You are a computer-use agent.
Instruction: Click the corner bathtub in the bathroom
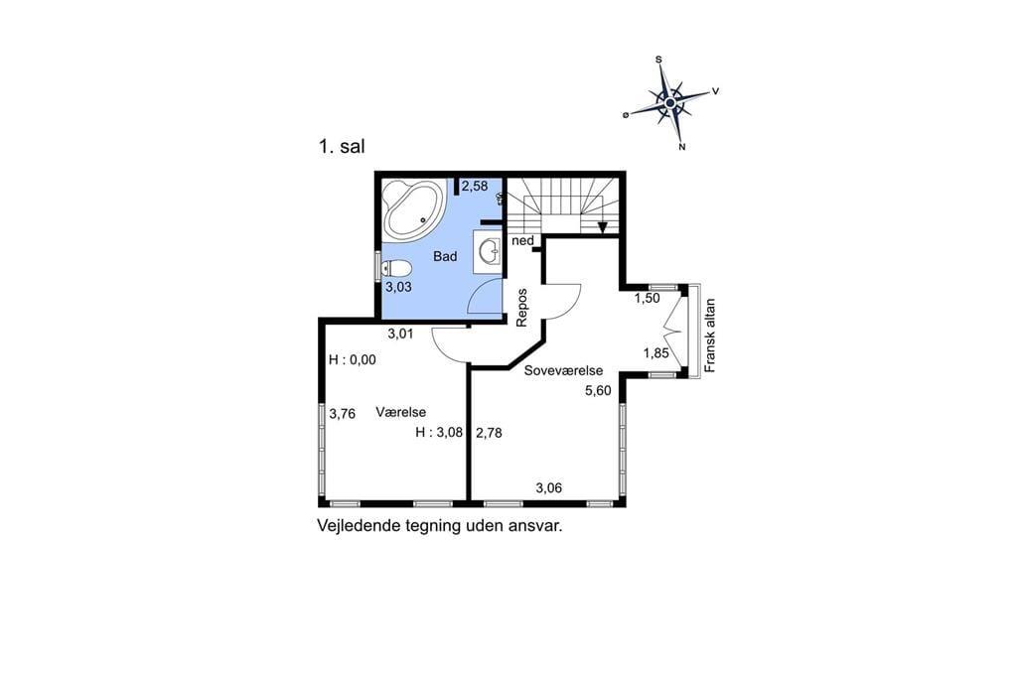coord(413,209)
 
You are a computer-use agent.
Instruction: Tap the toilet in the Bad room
coord(396,267)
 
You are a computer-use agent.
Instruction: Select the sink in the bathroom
coord(489,250)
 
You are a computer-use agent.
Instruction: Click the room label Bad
coord(445,257)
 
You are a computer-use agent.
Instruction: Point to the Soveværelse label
coord(564,371)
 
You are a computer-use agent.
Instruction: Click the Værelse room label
coord(401,412)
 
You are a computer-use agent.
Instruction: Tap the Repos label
coord(522,307)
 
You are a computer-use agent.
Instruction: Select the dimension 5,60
coord(598,390)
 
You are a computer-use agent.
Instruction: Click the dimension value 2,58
coord(475,186)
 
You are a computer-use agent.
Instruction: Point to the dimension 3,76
coord(343,414)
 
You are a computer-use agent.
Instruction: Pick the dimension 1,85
coord(655,353)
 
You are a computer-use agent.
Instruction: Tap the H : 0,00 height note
coord(353,360)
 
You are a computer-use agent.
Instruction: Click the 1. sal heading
coord(342,147)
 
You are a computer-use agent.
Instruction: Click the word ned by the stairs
coord(522,241)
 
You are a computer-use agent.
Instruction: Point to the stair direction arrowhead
coord(603,227)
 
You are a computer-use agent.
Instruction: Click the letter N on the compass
coord(681,147)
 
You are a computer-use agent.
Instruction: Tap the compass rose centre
coord(670,102)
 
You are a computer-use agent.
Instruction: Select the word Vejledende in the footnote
coord(357,526)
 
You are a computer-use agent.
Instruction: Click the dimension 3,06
coord(548,488)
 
